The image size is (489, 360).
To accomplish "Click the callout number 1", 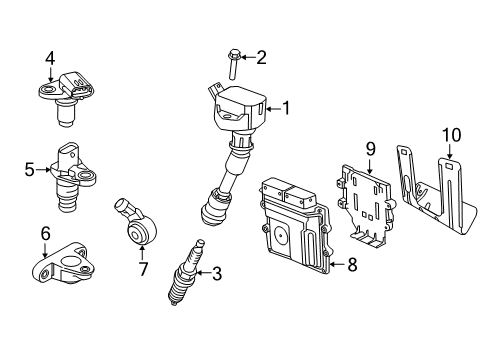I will point(286,108).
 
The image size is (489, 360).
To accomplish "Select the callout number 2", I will point(262,57).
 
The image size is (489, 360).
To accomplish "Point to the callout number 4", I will point(49,59).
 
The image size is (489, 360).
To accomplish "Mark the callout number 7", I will point(143,269).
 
